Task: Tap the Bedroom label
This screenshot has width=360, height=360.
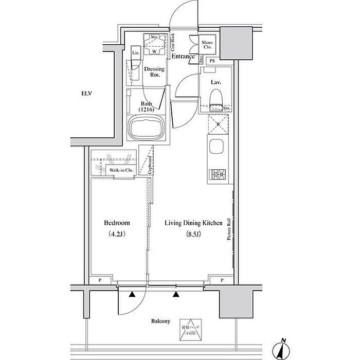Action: pos(117,223)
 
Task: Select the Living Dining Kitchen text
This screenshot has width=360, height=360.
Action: pos(193,223)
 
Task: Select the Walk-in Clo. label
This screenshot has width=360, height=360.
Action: pos(121,169)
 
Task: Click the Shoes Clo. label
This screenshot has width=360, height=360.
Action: pos(208,45)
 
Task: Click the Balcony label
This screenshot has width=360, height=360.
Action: pos(160,320)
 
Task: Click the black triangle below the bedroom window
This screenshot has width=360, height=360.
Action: pos(133,295)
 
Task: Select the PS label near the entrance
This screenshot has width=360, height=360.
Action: pos(212,61)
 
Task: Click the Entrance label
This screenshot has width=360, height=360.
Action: pos(183,57)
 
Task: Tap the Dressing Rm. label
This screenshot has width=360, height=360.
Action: pos(154,71)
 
